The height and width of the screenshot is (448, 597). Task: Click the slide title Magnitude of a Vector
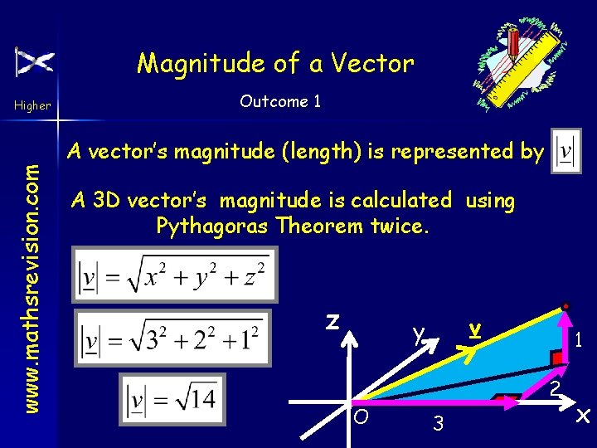point(275,63)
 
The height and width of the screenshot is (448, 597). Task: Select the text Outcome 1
point(280,102)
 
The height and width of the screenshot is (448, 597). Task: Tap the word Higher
point(32,105)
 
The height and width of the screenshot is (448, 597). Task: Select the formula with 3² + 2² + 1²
point(172,338)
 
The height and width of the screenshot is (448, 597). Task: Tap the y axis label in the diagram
point(420,334)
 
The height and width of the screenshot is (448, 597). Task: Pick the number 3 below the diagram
point(439,424)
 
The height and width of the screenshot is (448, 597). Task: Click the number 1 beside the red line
point(580,340)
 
